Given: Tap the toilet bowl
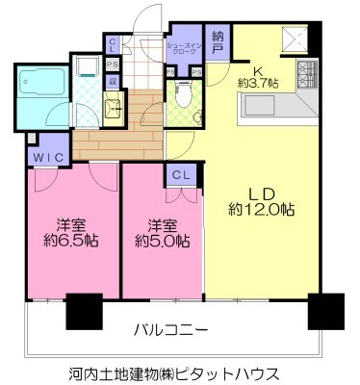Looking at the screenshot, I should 180,94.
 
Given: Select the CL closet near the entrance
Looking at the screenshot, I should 114,44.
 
